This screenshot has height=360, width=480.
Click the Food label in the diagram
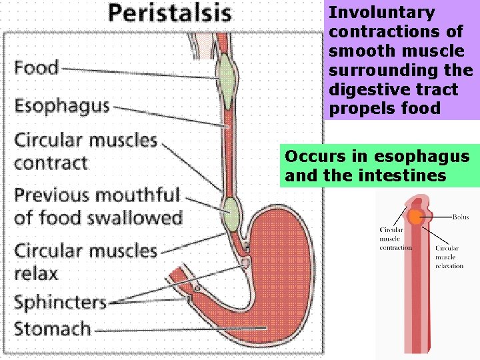tap(37, 67)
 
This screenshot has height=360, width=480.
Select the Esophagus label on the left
tap(62, 106)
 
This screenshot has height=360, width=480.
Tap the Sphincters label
tap(60, 302)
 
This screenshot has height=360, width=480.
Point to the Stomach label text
tap(53, 329)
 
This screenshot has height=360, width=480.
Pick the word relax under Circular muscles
tap(37, 273)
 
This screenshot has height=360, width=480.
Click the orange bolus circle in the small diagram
tap(416, 217)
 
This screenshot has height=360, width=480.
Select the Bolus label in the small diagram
tap(461, 217)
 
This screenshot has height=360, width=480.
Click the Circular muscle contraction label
tap(395, 239)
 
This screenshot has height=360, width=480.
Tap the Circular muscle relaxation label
tap(449, 257)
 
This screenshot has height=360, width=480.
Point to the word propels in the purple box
tap(357, 109)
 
